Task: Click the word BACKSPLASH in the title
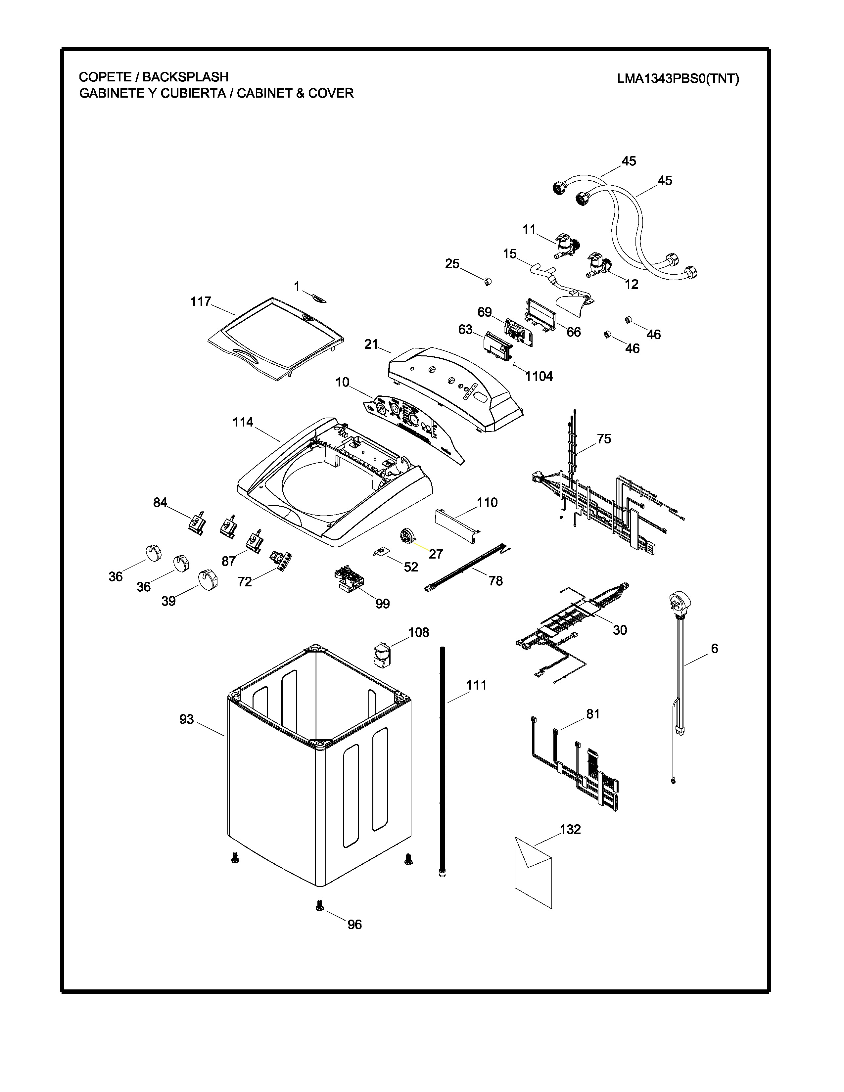pyautogui.click(x=185, y=77)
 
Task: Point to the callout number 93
pyautogui.click(x=186, y=719)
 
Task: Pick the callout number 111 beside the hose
pyautogui.click(x=477, y=685)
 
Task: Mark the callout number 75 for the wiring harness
pyautogui.click(x=604, y=438)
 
